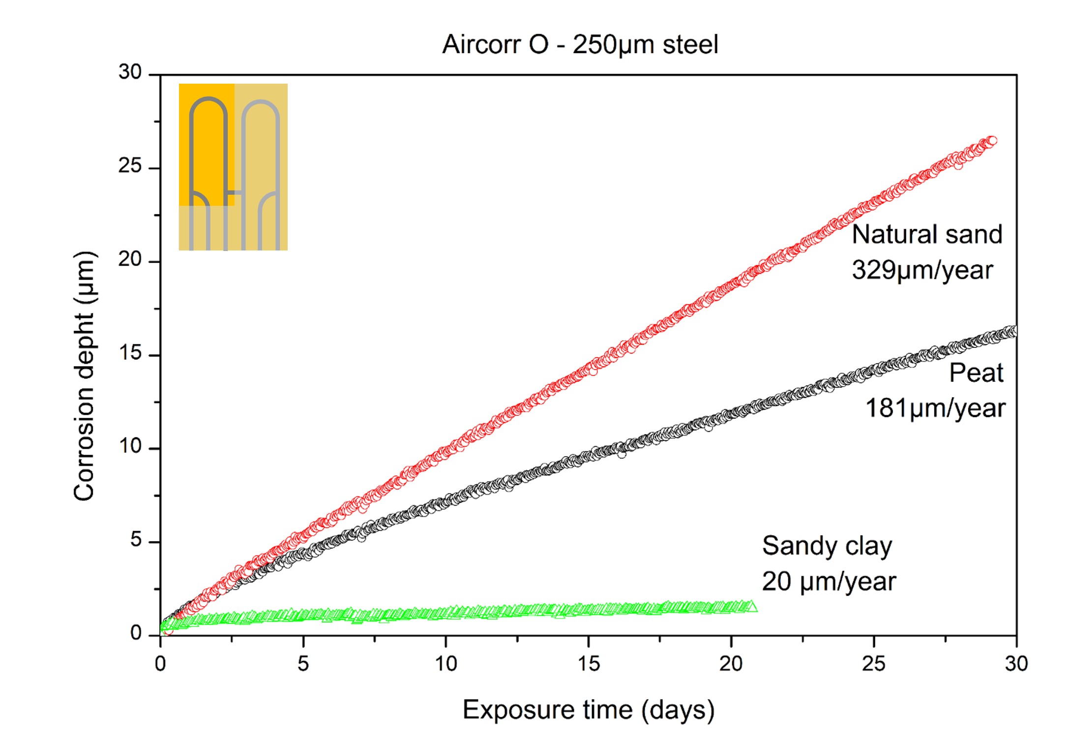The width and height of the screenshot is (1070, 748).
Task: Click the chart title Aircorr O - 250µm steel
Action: [580, 45]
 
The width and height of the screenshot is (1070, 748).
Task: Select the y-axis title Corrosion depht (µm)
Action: [84, 376]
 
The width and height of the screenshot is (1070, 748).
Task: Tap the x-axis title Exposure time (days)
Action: [589, 710]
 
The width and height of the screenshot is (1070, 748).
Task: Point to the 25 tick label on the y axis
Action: [130, 166]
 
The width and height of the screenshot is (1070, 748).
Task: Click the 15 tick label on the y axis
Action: [130, 353]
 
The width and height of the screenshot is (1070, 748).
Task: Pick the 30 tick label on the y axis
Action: [130, 72]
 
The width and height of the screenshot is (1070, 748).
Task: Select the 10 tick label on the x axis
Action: [446, 664]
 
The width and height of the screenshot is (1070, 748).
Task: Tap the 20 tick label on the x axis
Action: [731, 664]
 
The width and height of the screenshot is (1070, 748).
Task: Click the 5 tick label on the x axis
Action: [303, 664]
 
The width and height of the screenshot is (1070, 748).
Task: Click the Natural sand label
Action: [927, 234]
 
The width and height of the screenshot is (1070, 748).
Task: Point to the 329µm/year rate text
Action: [922, 270]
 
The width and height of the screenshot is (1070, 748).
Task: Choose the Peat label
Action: [976, 373]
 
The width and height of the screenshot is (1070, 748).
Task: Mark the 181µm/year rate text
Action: [935, 408]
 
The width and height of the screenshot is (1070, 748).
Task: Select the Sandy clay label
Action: [827, 546]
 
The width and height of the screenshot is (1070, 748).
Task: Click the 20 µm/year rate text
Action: [829, 582]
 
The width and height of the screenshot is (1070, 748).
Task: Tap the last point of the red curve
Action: [992, 141]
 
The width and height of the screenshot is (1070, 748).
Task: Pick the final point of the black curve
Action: [1013, 331]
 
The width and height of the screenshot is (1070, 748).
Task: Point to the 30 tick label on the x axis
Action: [1016, 664]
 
